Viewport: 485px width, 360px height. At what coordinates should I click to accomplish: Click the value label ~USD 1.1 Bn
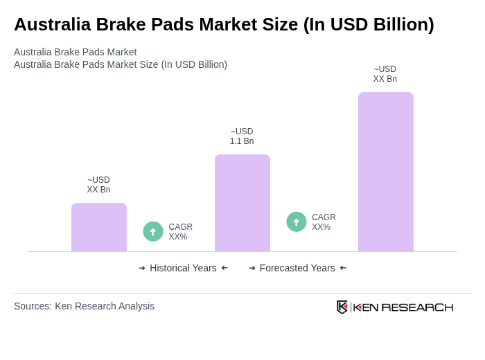click(x=242, y=136)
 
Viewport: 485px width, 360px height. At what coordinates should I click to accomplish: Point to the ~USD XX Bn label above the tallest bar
click(x=385, y=74)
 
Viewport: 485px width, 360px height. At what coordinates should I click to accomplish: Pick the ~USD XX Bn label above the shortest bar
click(x=98, y=185)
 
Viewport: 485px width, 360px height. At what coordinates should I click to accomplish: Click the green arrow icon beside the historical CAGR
click(x=153, y=232)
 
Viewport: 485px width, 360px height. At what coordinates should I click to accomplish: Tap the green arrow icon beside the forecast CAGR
click(x=297, y=222)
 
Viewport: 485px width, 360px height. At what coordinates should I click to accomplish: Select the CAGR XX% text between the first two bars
click(x=180, y=232)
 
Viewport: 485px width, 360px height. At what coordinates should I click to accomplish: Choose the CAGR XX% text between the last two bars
click(x=324, y=222)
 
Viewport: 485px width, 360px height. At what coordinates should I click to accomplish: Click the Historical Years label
click(x=183, y=268)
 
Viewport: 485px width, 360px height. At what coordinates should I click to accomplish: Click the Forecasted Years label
click(x=297, y=268)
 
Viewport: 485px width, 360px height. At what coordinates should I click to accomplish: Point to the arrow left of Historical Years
click(x=142, y=268)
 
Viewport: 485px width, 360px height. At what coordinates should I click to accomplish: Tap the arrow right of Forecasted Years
click(x=343, y=268)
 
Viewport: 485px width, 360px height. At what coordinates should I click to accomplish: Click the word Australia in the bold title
click(x=52, y=24)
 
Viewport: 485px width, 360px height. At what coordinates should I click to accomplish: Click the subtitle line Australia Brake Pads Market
click(x=75, y=52)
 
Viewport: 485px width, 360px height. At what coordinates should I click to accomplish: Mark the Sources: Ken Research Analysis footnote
click(x=84, y=306)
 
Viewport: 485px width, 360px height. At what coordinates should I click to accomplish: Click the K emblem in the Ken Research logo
click(x=342, y=307)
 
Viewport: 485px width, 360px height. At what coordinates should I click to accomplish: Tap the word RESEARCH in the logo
click(x=417, y=307)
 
